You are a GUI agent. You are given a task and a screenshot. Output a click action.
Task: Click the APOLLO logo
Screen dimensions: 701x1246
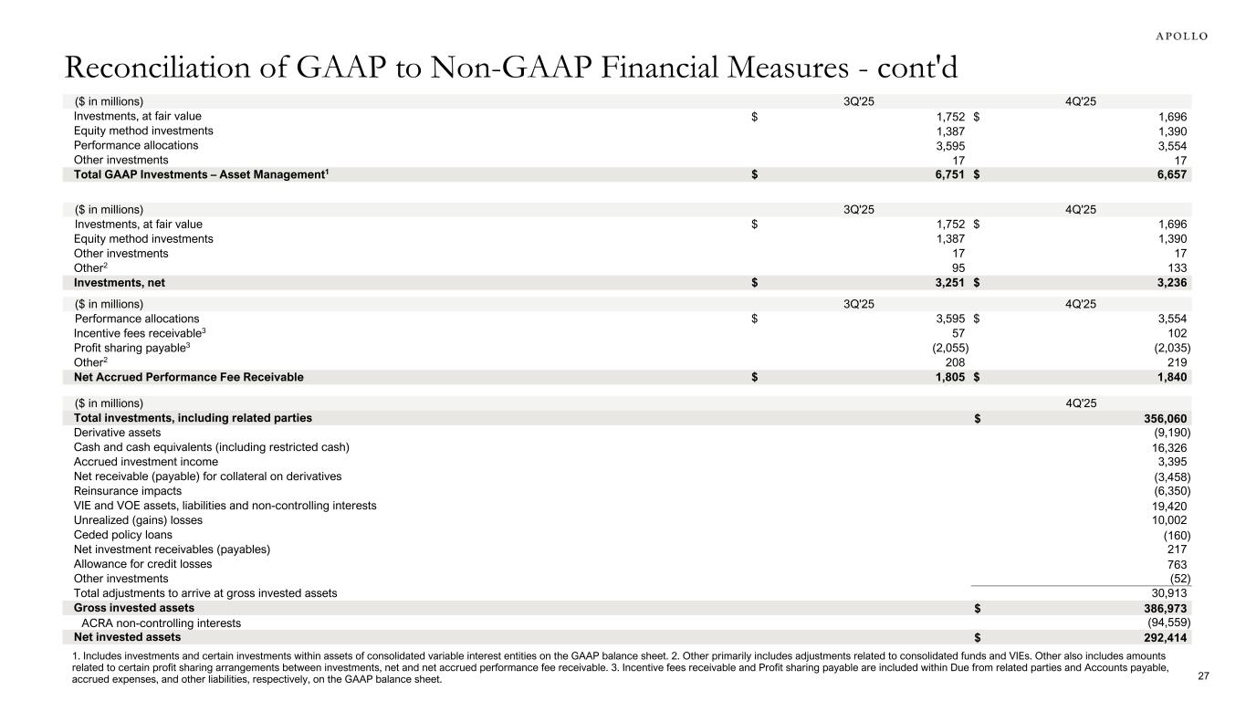coord(1176,36)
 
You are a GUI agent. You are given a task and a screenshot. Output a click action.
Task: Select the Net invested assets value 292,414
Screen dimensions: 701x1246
coord(1162,637)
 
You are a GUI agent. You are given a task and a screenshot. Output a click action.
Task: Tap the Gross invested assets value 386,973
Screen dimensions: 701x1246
coord(1162,608)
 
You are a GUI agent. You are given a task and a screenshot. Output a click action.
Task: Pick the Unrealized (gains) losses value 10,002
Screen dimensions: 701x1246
coord(1168,520)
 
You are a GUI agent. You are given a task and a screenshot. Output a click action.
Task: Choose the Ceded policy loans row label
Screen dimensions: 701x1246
coord(122,535)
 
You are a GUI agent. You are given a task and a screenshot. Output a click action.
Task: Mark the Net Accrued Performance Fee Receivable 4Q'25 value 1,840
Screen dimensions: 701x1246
coord(1170,377)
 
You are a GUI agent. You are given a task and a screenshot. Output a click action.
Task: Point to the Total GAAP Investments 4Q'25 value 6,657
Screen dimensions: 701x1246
coord(1170,174)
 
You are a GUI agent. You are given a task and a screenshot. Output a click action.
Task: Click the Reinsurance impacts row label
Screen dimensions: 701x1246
coord(127,491)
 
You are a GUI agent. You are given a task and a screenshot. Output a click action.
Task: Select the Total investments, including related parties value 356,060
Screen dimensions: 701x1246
coord(1162,418)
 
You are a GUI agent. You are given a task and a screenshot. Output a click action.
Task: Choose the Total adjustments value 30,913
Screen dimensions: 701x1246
coord(1168,593)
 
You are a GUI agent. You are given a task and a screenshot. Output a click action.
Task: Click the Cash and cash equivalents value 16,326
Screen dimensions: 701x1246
coord(1168,447)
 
